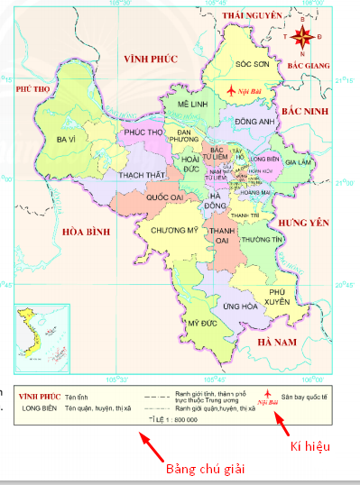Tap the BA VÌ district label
(66, 140)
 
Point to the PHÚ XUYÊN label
(279, 297)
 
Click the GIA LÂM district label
(297, 162)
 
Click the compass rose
(304, 37)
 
